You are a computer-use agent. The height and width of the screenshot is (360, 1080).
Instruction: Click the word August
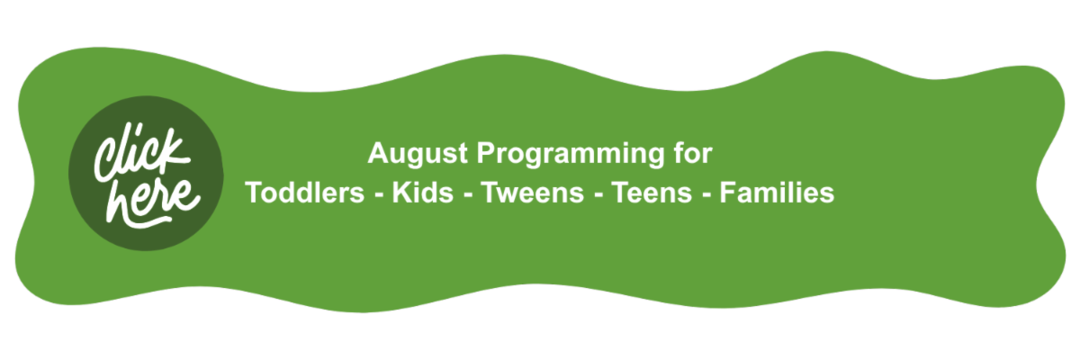418,154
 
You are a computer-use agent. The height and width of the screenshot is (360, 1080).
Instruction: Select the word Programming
571,154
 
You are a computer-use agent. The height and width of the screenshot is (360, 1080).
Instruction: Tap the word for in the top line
693,153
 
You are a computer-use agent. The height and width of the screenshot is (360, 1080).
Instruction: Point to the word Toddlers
305,193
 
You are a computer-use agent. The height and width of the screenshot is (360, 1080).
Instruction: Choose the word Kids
423,193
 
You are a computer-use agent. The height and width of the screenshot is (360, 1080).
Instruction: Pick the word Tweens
532,193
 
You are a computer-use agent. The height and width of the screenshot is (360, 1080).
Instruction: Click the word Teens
652,193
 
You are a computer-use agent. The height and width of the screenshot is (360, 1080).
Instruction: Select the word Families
777,193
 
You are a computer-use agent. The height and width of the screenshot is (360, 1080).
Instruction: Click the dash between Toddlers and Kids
379,195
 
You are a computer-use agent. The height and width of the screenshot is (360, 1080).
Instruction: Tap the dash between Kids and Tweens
468,195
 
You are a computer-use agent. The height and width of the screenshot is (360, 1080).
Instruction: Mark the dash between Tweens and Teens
598,195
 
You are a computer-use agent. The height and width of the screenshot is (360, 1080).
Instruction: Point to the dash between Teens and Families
706,195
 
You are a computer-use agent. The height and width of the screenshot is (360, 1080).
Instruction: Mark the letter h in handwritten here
121,202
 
